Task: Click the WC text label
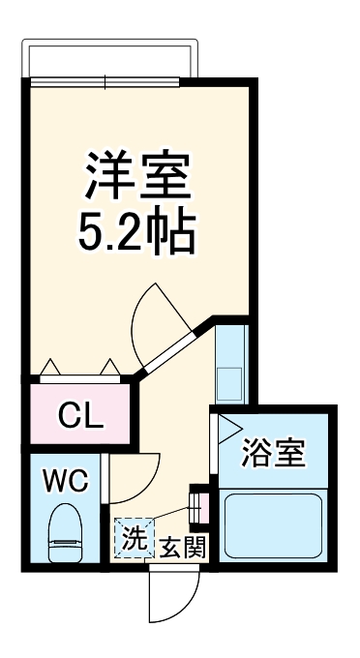click(x=66, y=478)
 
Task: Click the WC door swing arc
click(x=133, y=474)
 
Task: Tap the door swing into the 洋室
click(x=160, y=314)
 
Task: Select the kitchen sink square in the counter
click(x=230, y=381)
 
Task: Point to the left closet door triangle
click(x=52, y=368)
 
